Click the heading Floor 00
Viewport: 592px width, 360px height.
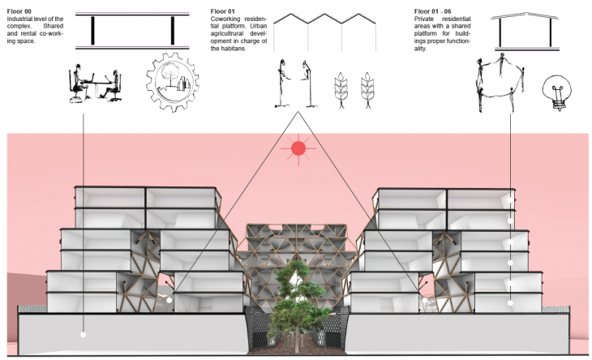coord(18,11)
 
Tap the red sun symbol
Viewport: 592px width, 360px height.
coord(298,148)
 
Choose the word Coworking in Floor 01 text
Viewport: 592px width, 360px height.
coord(225,19)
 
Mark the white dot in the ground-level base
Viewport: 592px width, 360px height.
coord(84,333)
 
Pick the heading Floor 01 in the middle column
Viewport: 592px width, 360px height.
coord(221,11)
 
